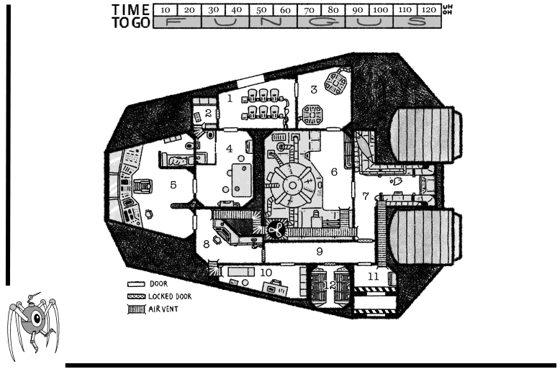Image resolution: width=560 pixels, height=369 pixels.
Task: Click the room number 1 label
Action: pyautogui.click(x=230, y=98)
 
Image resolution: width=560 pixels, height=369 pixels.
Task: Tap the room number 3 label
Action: pyautogui.click(x=314, y=89)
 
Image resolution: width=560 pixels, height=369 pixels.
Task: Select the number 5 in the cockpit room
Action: pyautogui.click(x=173, y=185)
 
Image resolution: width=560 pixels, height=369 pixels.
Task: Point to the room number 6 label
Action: pyautogui.click(x=333, y=172)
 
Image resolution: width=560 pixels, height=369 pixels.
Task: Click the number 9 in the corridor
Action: pyautogui.click(x=319, y=251)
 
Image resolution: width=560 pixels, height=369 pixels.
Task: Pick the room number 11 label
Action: pyautogui.click(x=373, y=275)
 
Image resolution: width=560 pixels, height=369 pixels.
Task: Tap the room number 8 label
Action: pyautogui.click(x=207, y=244)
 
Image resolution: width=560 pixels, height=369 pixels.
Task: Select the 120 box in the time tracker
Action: pyautogui.click(x=428, y=11)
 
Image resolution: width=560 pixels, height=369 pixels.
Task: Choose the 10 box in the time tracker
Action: pyautogui.click(x=166, y=11)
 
